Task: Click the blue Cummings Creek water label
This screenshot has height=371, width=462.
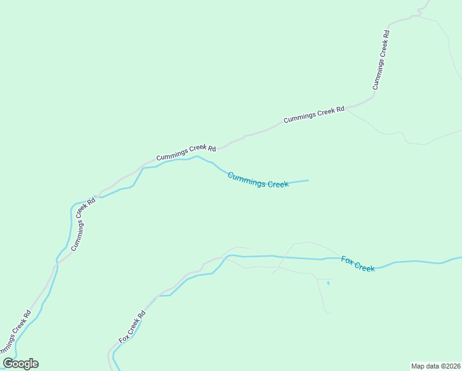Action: coord(258,181)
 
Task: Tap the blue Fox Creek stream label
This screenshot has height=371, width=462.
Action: coord(358,264)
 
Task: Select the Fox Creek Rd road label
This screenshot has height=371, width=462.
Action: coord(132,326)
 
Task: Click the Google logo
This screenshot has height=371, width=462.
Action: coord(21,364)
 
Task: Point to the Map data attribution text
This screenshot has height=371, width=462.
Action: coord(436,366)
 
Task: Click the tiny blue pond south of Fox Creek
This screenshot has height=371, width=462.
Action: coord(328,283)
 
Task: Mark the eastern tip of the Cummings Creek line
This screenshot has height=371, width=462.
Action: coord(308,181)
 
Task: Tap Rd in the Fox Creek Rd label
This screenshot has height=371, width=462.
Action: coord(142,314)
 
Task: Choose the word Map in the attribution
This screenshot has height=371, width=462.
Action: coord(418,366)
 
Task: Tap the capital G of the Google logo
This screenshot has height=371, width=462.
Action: coord(9,364)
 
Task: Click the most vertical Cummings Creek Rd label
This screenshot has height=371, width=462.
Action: coord(380,60)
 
